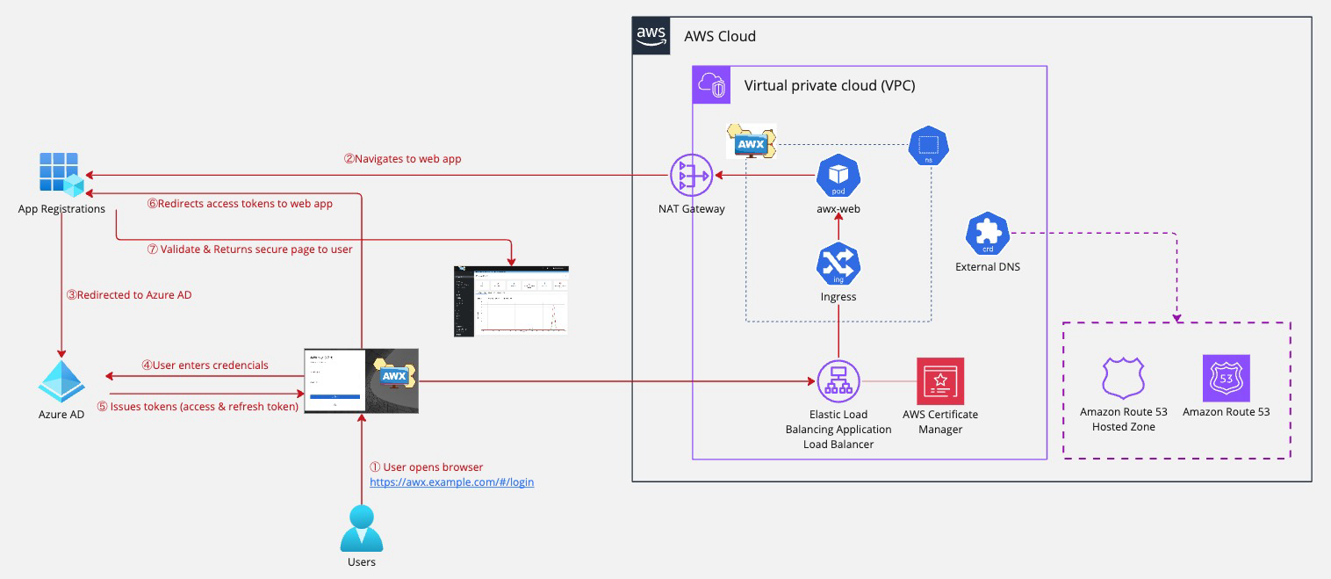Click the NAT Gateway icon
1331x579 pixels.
tap(691, 176)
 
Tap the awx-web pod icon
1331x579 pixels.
tap(838, 176)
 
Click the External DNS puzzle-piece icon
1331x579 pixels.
tap(987, 234)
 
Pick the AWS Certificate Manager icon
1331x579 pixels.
tap(939, 380)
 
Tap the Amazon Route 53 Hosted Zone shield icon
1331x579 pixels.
tap(1123, 379)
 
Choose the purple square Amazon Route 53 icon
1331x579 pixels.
tap(1226, 379)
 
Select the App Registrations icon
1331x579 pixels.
tap(61, 174)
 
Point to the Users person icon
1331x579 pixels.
tap(361, 527)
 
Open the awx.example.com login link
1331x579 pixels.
tap(451, 482)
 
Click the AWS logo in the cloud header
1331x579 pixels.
tap(651, 36)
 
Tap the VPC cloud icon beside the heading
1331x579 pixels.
tap(711, 85)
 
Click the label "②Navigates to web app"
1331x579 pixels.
tap(402, 159)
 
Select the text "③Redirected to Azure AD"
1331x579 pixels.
tap(129, 295)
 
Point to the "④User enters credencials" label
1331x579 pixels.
tap(205, 365)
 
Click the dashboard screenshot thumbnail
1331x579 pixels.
tap(510, 300)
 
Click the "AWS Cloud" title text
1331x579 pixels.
tap(720, 37)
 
